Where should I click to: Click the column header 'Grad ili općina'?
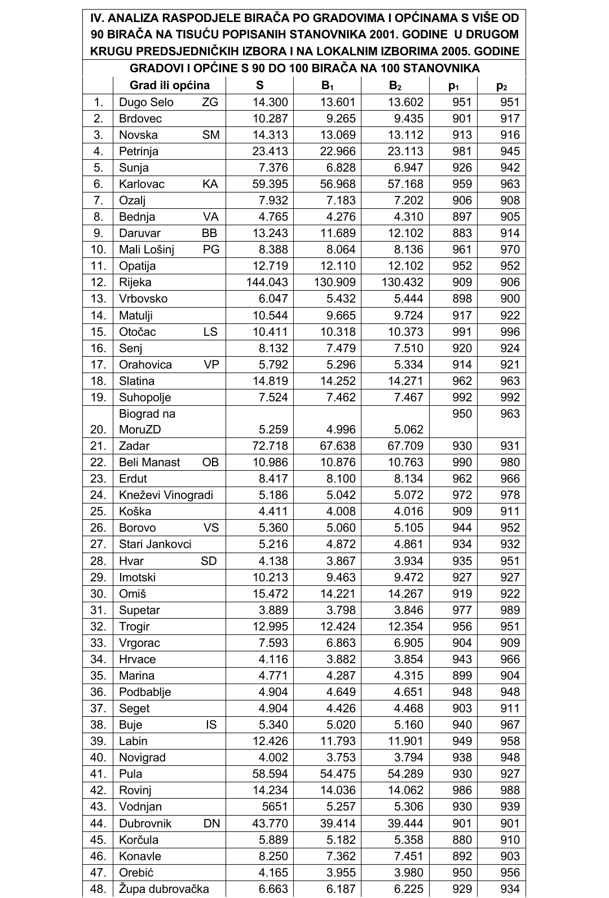tap(169, 86)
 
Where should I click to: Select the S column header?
tap(259, 86)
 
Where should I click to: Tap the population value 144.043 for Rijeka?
tap(267, 282)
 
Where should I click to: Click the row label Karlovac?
tap(142, 184)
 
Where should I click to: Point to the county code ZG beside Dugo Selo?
tap(210, 102)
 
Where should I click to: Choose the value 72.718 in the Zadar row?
tap(270, 446)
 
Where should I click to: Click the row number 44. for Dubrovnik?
tap(98, 823)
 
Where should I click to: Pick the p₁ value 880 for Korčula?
tap(462, 840)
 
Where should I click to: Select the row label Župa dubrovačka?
tap(164, 889)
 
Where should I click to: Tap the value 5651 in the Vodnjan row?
tap(275, 807)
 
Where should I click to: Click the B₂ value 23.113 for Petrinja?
tap(405, 151)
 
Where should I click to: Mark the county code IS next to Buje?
tap(211, 725)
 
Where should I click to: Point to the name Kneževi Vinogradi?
tap(166, 495)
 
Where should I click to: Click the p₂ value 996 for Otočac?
tap(510, 332)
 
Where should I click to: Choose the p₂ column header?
tap(502, 86)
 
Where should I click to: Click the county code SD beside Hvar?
tap(209, 561)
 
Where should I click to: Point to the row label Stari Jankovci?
tap(155, 544)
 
